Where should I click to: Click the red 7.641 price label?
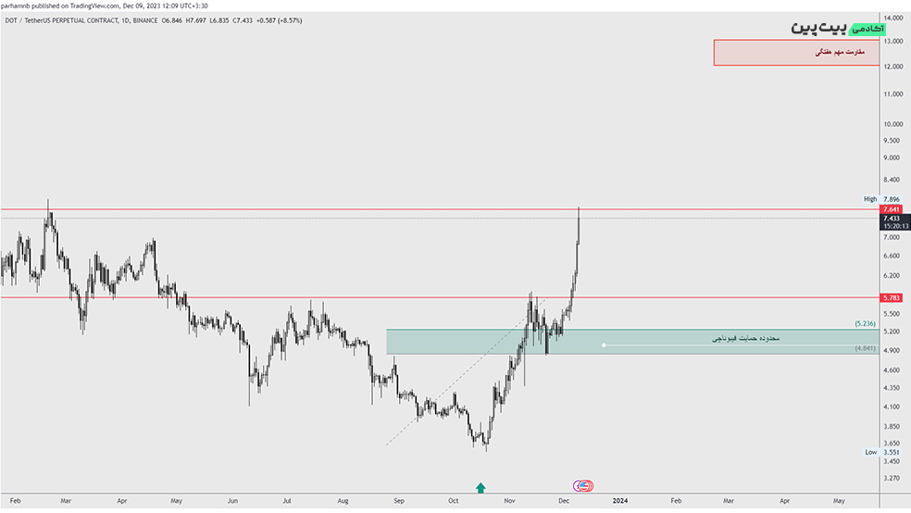pos(892,209)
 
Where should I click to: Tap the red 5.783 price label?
pos(892,297)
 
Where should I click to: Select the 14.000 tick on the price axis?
pos(892,19)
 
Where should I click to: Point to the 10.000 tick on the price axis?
pos(892,124)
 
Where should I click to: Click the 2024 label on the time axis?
pos(619,500)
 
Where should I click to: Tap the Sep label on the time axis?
pos(399,500)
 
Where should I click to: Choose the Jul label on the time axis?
pos(289,500)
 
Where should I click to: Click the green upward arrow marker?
pos(480,487)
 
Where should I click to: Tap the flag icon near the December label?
pos(583,485)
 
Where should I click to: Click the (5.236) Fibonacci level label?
pos(865,323)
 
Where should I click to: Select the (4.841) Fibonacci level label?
pos(865,349)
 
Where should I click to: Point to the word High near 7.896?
pos(869,199)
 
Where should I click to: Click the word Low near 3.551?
pos(870,452)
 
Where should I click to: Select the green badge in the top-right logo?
pos(867,30)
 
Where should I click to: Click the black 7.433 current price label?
pos(892,218)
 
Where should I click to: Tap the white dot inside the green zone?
pos(604,345)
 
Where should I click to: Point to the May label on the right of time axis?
pos(839,500)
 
